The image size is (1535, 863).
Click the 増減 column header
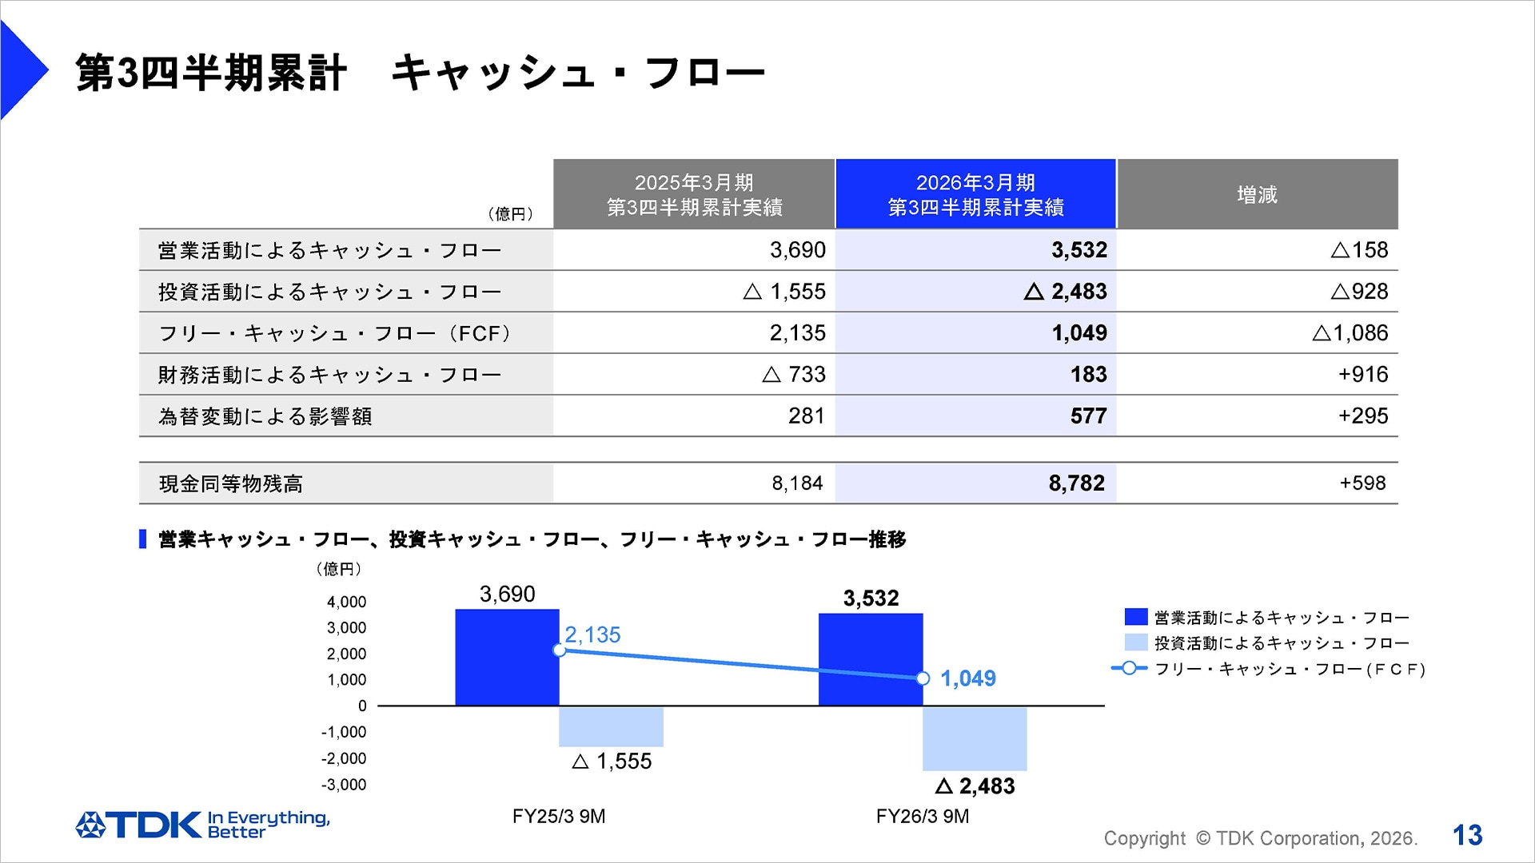tap(1257, 194)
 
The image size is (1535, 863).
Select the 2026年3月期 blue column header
tap(975, 194)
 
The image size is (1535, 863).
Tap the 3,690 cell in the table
tap(797, 250)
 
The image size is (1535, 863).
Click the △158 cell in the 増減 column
tap(1359, 250)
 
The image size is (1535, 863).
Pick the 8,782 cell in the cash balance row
tap(1076, 483)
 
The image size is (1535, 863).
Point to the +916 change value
tap(1363, 375)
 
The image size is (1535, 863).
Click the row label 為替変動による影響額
tap(265, 416)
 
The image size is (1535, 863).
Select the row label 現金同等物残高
tap(231, 484)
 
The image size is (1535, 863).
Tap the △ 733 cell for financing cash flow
tap(793, 375)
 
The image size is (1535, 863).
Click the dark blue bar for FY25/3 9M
tap(507, 658)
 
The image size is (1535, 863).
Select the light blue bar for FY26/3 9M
tap(975, 738)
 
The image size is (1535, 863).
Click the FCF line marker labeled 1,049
tap(923, 678)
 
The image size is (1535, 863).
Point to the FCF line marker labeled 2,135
tap(560, 650)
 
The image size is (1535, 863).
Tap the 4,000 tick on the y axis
tap(346, 602)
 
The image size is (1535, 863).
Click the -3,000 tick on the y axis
tap(344, 785)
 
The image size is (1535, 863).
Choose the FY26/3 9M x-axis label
tap(923, 817)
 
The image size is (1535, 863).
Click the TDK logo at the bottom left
tap(140, 825)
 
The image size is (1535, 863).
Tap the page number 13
tap(1467, 835)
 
